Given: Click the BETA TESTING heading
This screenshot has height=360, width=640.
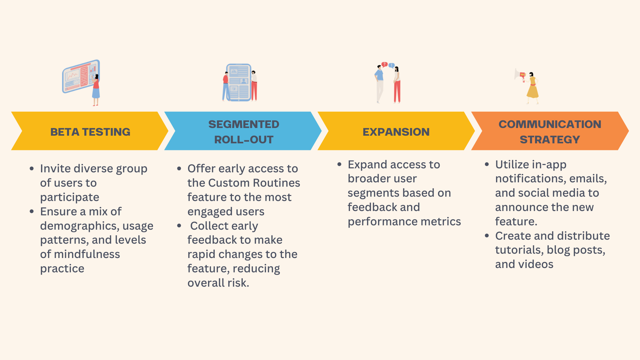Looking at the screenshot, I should click(x=90, y=132).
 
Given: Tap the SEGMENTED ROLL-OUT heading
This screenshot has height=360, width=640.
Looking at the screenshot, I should click(x=244, y=132).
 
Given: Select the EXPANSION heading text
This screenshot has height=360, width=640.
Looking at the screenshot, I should click(x=396, y=132).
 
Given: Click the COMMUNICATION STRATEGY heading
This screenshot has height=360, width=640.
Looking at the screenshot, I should click(x=550, y=132).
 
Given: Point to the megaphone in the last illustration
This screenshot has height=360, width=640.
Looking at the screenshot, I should click(x=519, y=75).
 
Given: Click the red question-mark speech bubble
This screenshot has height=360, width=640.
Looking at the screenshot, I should click(x=384, y=64).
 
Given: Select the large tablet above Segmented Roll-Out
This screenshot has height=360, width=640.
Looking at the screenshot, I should click(x=239, y=82).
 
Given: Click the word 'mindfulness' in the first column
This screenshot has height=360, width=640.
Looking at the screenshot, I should click(x=87, y=254).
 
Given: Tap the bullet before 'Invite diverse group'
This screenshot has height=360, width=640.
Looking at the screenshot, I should click(x=32, y=169).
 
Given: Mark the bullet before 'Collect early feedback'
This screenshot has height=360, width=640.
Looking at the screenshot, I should click(x=179, y=226).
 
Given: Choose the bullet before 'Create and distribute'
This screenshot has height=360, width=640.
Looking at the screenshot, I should click(x=487, y=236).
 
